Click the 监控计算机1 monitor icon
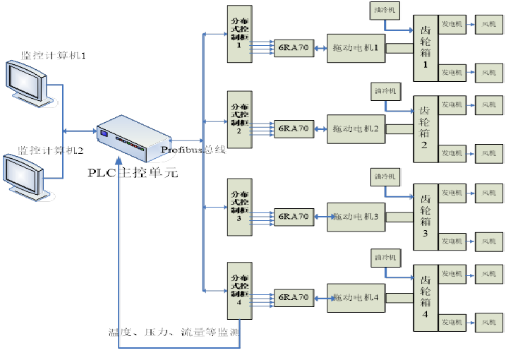28,84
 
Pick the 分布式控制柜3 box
240,207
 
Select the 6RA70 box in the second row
293,128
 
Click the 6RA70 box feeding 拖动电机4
293,298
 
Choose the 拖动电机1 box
356,48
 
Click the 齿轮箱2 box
425,128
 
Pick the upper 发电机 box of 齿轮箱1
452,23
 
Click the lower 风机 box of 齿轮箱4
489,323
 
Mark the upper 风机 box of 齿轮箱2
489,104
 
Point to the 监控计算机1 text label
53,55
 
